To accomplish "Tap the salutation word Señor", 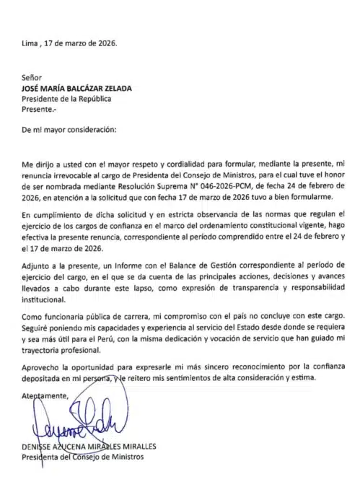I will point(33,77).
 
